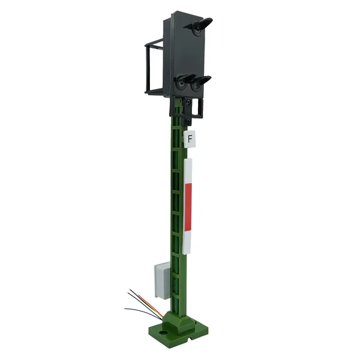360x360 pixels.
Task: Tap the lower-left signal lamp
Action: tap(182, 84)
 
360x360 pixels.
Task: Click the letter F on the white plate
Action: tap(190, 139)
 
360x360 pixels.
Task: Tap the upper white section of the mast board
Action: tap(188, 171)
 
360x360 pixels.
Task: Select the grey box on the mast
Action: tap(163, 280)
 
